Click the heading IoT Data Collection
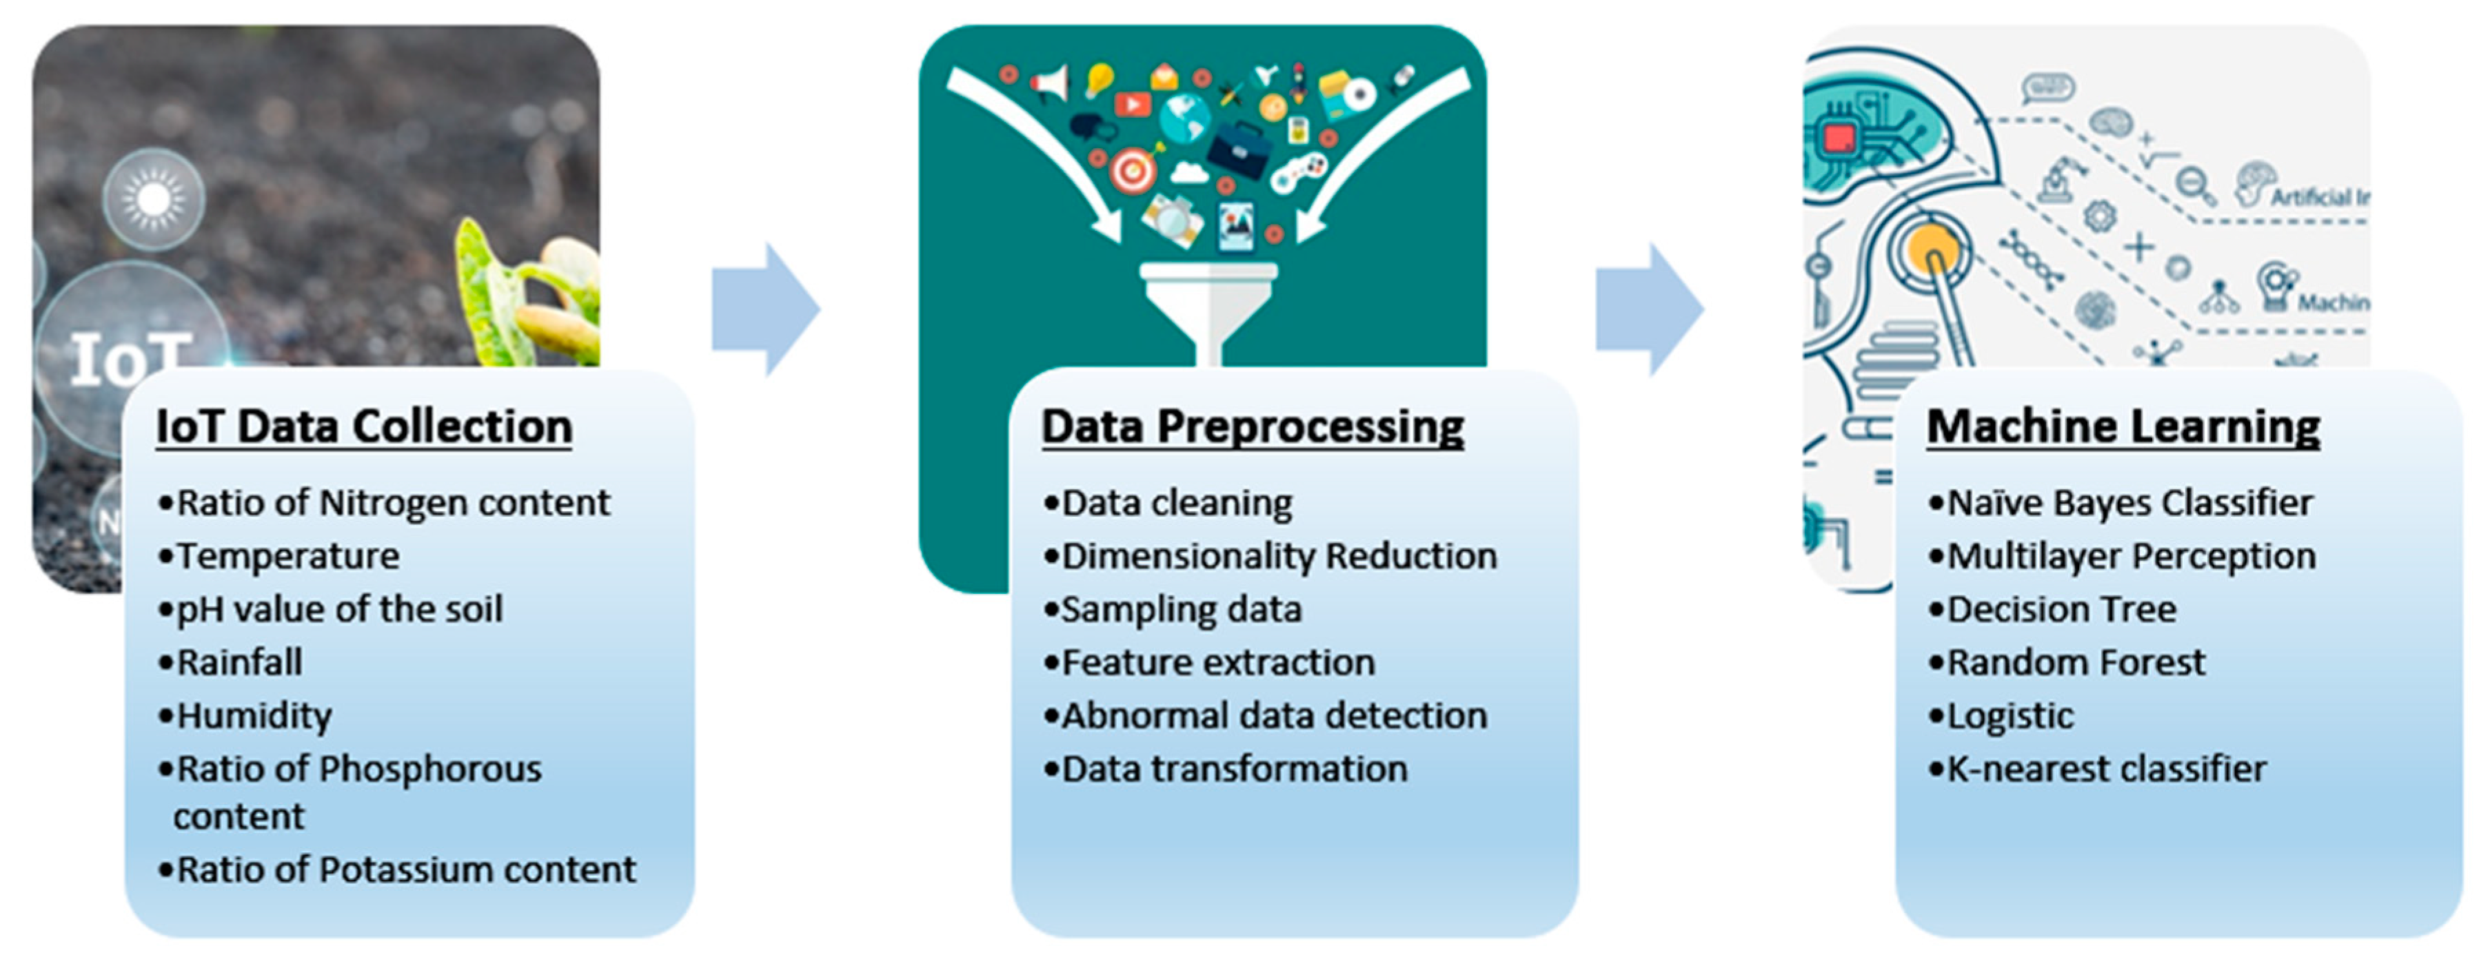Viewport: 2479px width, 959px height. (x=364, y=427)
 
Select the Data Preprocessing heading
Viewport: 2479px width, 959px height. (x=1252, y=427)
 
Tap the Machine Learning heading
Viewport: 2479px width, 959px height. (x=2123, y=427)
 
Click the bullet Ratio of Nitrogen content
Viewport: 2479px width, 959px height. (x=393, y=503)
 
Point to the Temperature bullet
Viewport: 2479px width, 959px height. (x=287, y=556)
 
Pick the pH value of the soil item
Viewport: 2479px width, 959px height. (x=338, y=609)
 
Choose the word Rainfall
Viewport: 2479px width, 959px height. (x=240, y=662)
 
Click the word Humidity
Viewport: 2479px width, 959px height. (x=254, y=716)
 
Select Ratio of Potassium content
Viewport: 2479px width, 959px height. (x=405, y=869)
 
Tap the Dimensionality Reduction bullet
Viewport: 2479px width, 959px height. (x=1279, y=556)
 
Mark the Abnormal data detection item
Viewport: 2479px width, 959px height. (x=1274, y=716)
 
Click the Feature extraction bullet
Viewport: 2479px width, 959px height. (x=1217, y=662)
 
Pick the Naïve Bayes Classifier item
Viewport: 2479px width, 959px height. (x=2129, y=503)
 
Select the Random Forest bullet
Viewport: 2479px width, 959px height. (x=2076, y=662)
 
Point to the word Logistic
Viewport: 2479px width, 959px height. (x=2010, y=716)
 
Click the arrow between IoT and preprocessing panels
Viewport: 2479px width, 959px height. (x=766, y=310)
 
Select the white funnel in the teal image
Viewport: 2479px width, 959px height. (x=1208, y=304)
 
